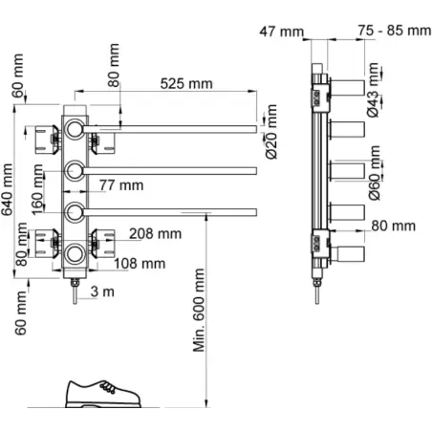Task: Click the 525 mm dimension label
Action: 186,84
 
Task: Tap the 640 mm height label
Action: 7,189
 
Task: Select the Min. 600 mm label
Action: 199,311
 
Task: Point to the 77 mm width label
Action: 121,185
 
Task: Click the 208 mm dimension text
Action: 156,234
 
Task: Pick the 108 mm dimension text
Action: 140,264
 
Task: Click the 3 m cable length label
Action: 102,292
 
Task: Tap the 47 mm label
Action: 282,32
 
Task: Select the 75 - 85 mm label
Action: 395,31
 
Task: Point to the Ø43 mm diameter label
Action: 373,90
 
